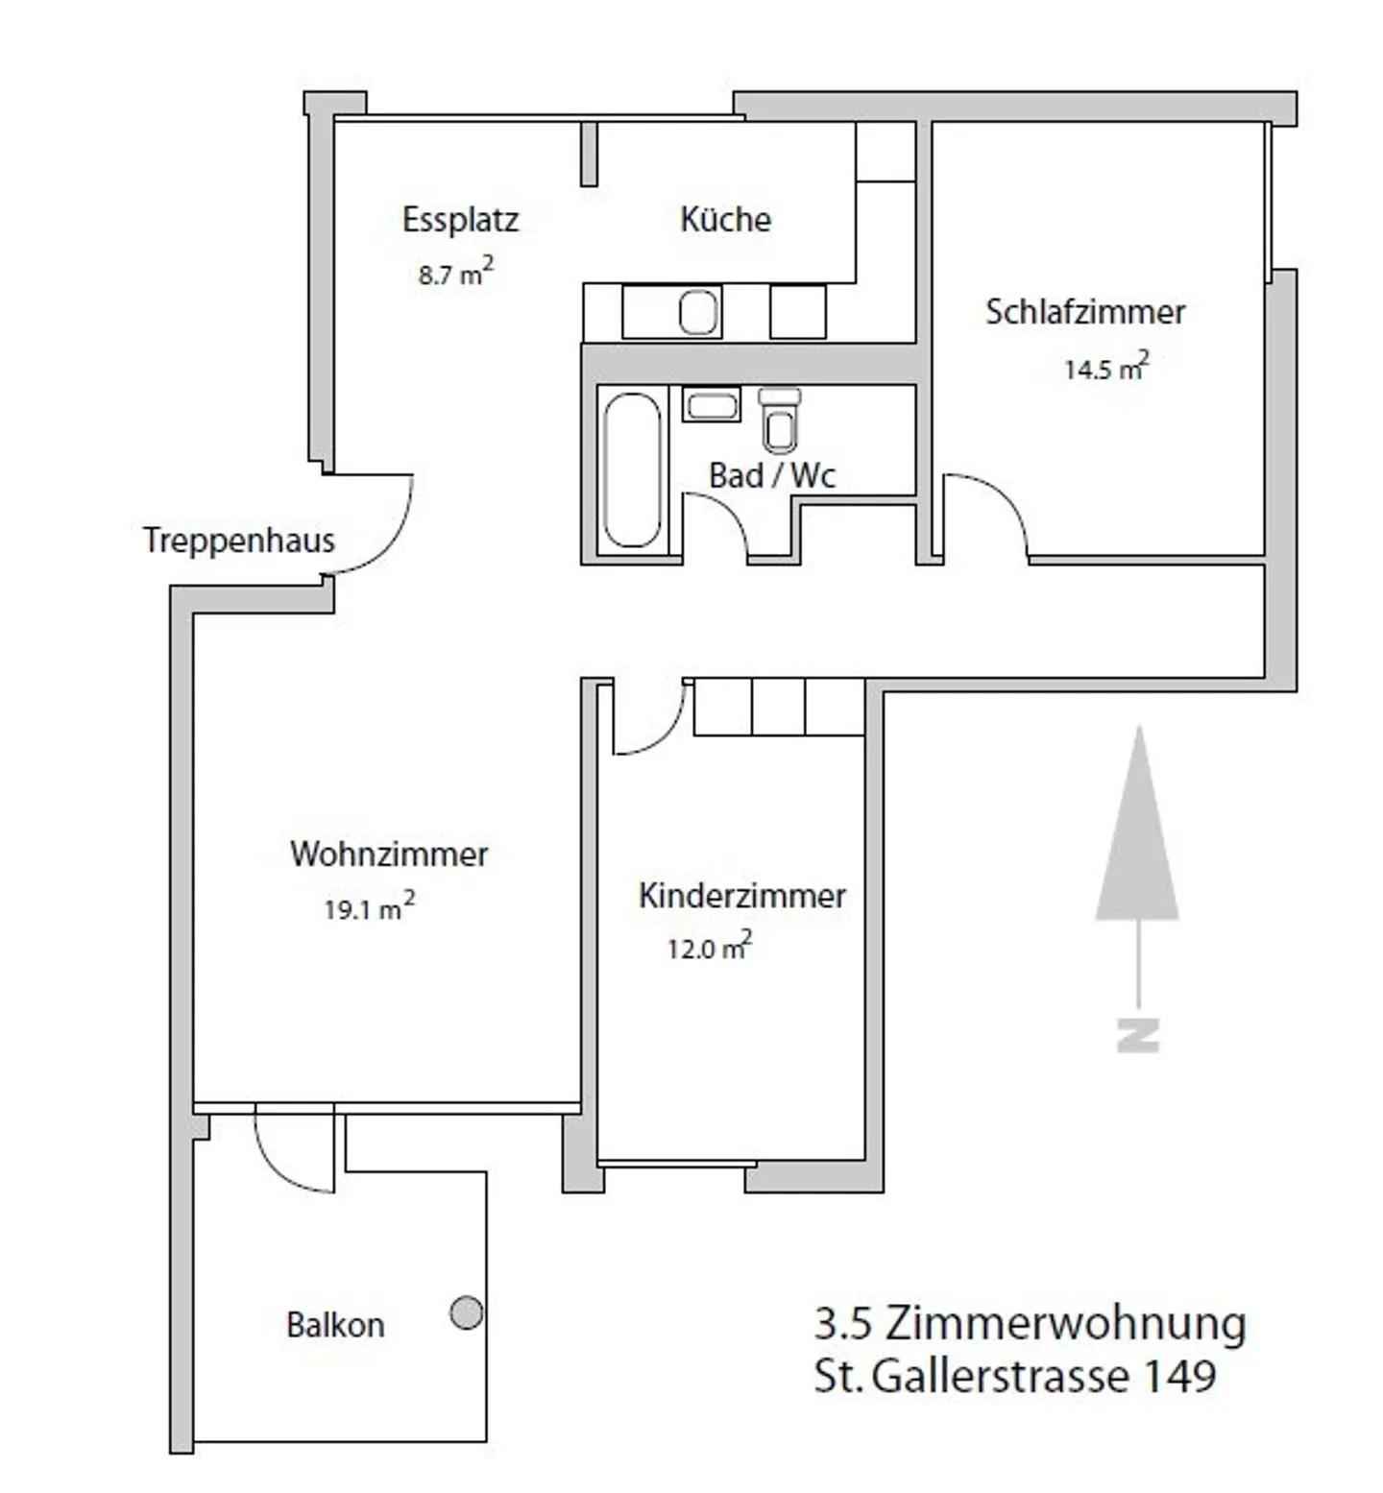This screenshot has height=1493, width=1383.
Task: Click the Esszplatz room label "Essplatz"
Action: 460,220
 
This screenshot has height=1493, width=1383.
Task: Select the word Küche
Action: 725,220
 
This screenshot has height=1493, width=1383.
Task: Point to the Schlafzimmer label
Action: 1084,312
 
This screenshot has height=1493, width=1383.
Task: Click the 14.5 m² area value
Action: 1105,368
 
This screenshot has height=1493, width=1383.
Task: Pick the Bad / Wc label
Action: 771,475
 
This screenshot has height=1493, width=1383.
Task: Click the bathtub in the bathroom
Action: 632,470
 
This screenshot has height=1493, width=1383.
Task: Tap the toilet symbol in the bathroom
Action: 779,421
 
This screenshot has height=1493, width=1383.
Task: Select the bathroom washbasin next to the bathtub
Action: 712,404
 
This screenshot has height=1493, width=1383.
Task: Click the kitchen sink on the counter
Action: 698,312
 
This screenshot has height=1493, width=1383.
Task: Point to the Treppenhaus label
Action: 238,541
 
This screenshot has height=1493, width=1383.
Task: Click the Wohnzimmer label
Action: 389,854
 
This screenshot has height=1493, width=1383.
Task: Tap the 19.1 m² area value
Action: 369,907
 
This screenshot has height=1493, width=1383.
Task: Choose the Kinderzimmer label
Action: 741,896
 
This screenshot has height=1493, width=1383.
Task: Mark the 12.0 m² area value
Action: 709,948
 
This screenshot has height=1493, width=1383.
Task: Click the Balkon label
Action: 335,1325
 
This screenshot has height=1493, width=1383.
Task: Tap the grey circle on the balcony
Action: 467,1312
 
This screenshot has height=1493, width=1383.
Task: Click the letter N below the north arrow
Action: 1138,1034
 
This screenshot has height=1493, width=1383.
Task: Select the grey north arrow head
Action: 1138,835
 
